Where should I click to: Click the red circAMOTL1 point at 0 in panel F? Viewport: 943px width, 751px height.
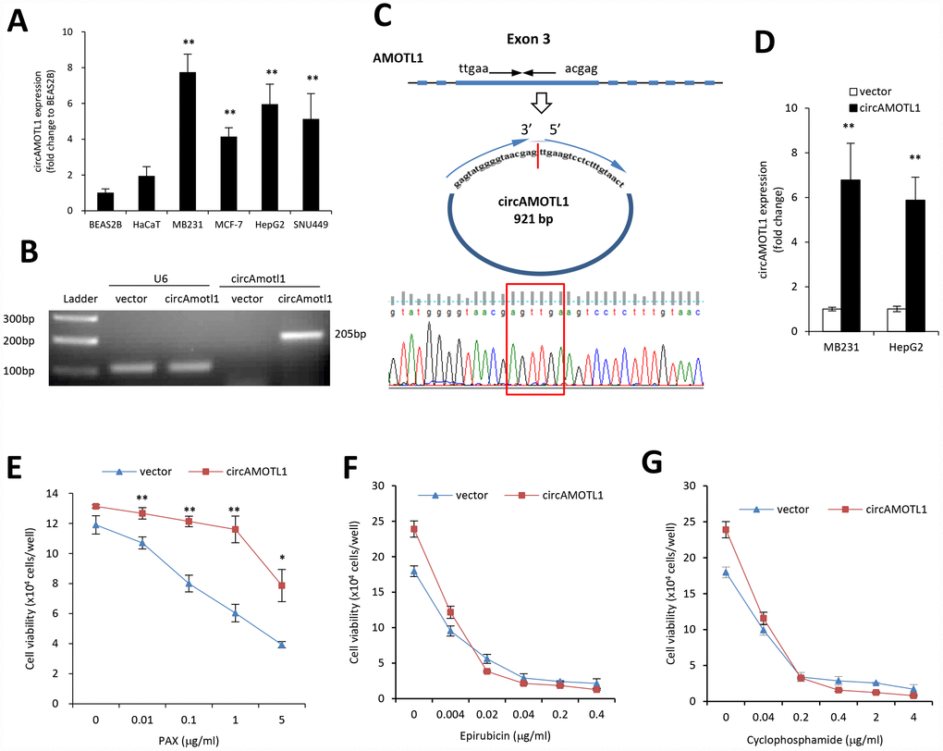pos(414,530)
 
